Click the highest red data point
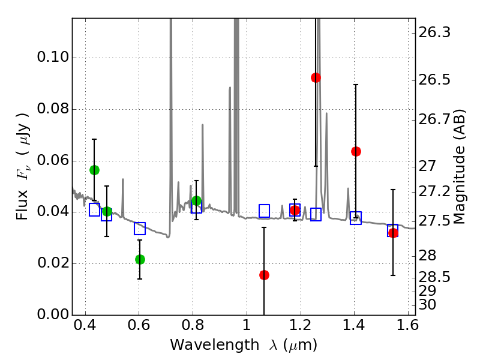pos(316,77)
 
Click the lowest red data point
pos(264,275)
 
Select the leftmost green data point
pos(94,170)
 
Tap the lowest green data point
pos(140,259)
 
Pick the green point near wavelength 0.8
pos(196,200)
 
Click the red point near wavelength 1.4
pos(356,151)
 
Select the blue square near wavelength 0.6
pos(140,228)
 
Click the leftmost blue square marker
pos(94,209)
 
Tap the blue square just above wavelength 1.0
pos(264,211)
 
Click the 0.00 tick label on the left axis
pos(51,315)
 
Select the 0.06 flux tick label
pos(51,161)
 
